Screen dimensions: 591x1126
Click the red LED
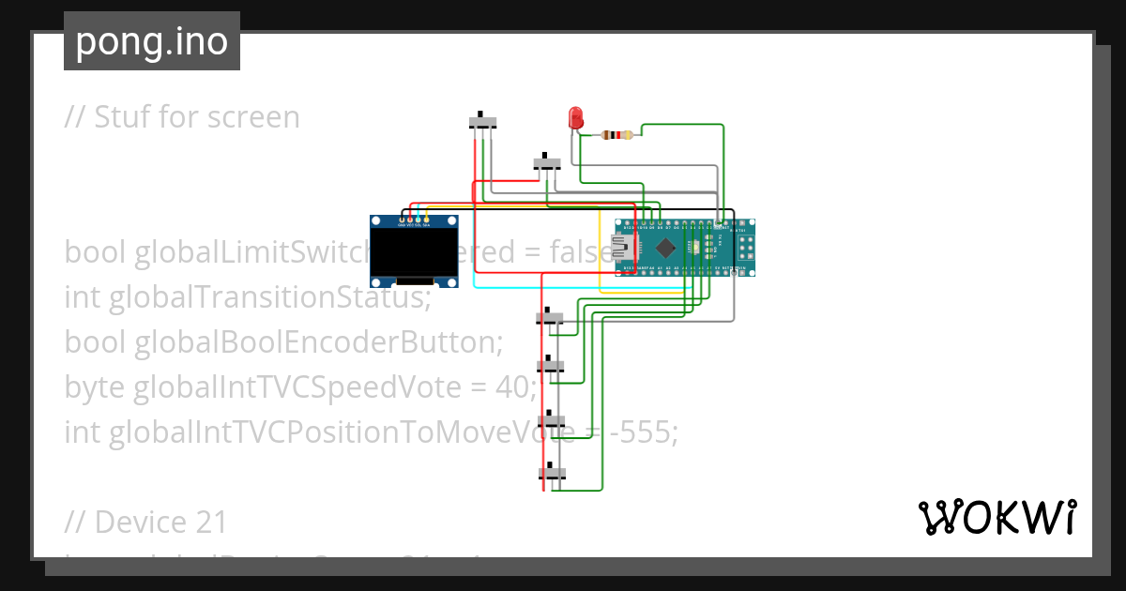[x=575, y=118]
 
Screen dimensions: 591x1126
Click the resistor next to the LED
[x=616, y=135]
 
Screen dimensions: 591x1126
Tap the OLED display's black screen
[x=413, y=253]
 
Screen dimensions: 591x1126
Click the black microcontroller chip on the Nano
[x=665, y=248]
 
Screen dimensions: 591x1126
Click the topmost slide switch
[x=482, y=122]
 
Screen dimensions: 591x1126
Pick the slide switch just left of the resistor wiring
[x=547, y=162]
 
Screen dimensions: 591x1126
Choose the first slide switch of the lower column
[x=550, y=318]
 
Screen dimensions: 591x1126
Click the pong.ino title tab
[x=152, y=41]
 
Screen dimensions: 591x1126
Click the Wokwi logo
[x=997, y=517]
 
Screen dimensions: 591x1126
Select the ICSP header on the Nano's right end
[x=745, y=248]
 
